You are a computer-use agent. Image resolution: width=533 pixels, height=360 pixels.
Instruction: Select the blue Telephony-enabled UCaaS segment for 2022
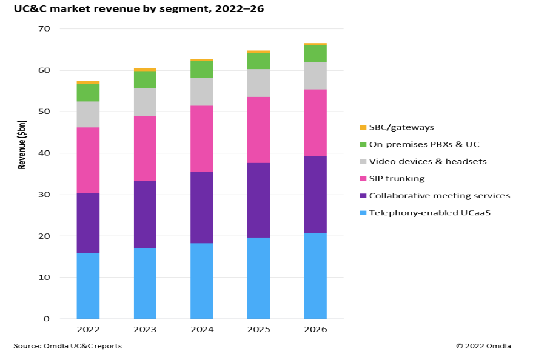click(x=88, y=285)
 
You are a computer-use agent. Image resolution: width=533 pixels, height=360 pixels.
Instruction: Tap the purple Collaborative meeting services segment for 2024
click(x=201, y=207)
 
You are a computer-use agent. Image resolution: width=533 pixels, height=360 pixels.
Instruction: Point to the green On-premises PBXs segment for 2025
click(x=258, y=61)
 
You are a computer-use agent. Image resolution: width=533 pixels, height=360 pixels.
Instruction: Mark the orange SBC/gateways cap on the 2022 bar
click(x=88, y=82)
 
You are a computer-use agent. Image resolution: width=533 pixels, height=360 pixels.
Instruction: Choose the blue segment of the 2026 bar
click(x=315, y=276)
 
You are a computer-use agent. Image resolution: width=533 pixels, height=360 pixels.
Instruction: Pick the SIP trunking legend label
click(x=397, y=178)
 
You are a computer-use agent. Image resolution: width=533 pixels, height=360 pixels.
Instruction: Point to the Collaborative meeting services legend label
click(x=439, y=195)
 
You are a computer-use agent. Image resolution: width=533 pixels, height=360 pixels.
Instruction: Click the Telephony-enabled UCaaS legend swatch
click(x=363, y=213)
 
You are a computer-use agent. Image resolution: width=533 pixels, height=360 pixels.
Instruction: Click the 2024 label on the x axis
click(x=201, y=329)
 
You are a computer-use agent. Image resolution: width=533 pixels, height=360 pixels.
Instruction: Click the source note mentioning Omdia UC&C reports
click(x=67, y=346)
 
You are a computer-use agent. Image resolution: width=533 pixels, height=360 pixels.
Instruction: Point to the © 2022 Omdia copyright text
click(x=483, y=346)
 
